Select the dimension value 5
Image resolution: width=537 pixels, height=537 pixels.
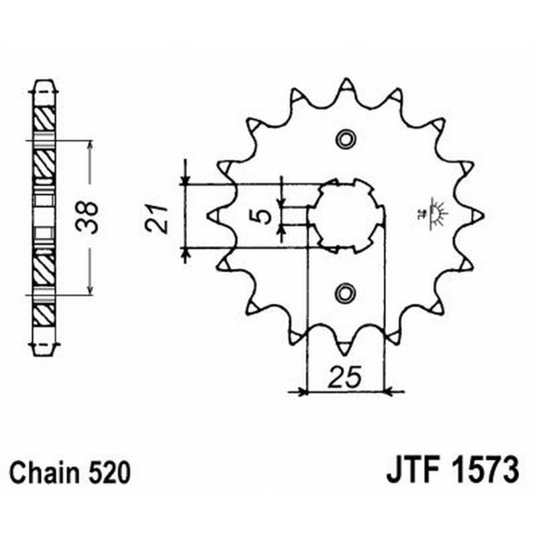264,215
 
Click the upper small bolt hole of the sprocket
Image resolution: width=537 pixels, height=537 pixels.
346,139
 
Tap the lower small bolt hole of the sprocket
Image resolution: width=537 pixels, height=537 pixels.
346,292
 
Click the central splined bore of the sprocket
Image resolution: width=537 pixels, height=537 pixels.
349,215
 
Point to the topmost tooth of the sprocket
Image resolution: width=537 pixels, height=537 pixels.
346,85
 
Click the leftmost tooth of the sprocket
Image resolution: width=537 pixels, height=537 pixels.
214,215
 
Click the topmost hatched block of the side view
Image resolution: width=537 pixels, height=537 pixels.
45,119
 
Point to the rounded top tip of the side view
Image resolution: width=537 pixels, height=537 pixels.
45,84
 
